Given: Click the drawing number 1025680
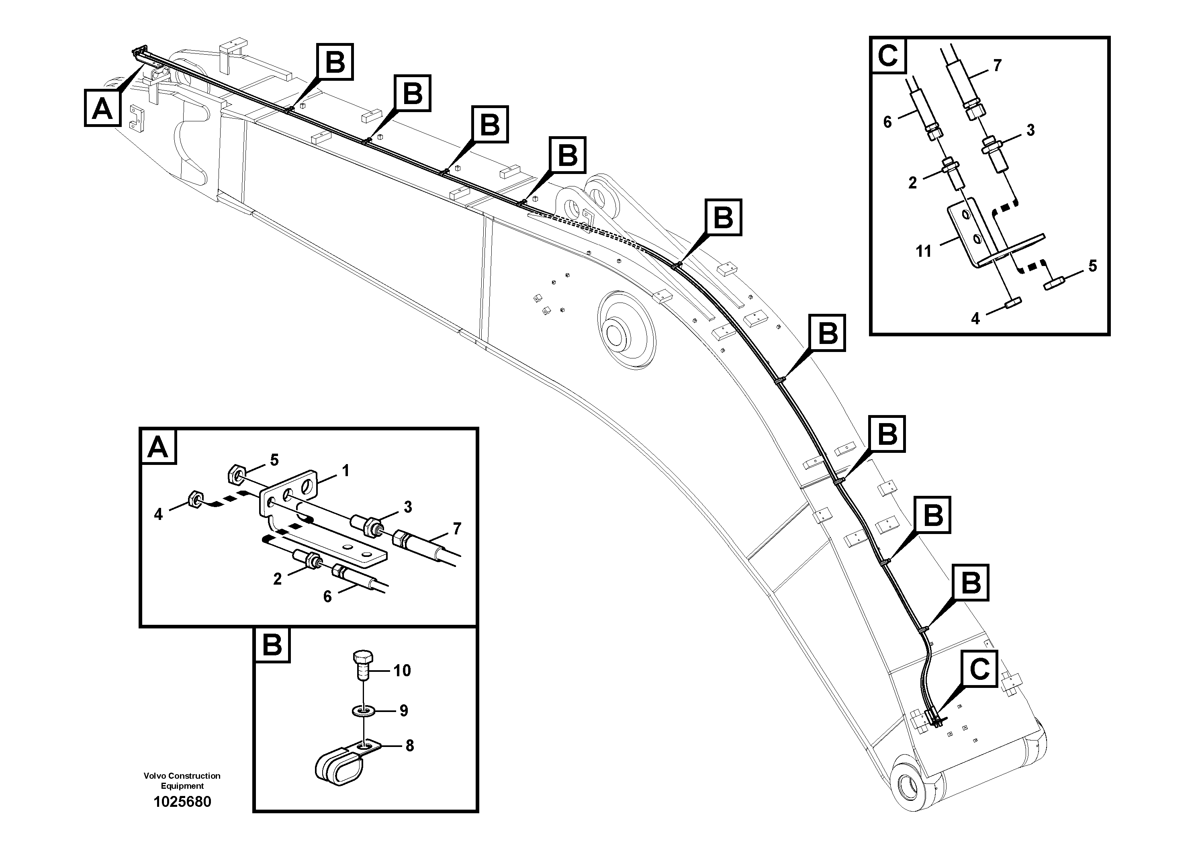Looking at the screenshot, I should coord(182,802).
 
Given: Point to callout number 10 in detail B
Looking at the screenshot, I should coord(402,671).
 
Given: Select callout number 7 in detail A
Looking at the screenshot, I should coord(457,529).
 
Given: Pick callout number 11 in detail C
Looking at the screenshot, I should coord(923,252).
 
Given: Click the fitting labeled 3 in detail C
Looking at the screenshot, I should coord(993,156).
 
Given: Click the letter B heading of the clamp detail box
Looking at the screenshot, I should coord(272,645).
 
